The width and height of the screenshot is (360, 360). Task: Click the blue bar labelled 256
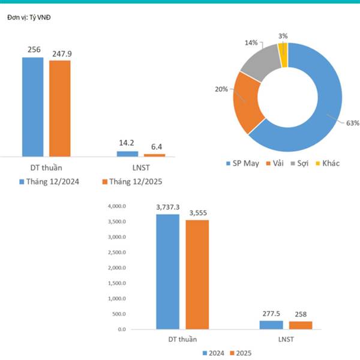[x=33, y=107]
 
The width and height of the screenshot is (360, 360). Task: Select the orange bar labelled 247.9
[x=60, y=108]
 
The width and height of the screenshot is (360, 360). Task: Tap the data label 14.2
[x=127, y=143]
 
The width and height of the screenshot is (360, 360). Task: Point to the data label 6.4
[x=154, y=146]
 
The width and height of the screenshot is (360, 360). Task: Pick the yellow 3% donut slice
[x=283, y=54]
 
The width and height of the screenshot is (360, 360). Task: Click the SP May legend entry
[x=242, y=163]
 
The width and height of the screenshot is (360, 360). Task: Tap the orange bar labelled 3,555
[x=197, y=274]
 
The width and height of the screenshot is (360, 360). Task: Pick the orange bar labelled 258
[x=300, y=325]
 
